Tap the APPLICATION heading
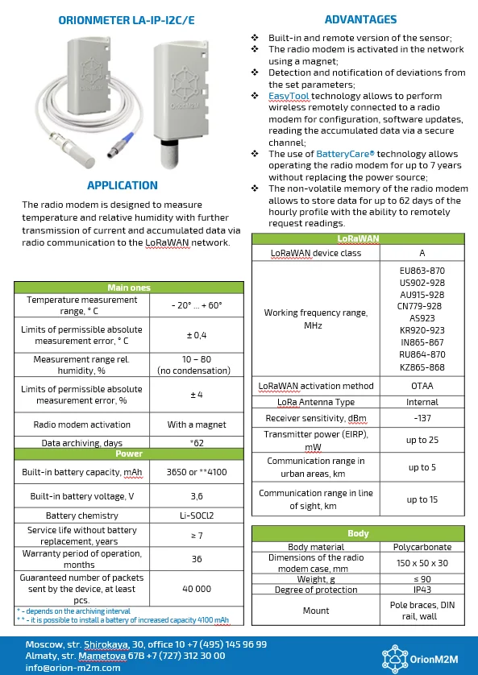(122, 185)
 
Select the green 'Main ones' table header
(129, 288)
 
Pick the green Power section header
(129, 453)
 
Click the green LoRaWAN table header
(357, 239)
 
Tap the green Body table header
(357, 533)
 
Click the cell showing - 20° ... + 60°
(197, 305)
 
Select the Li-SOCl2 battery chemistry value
(197, 516)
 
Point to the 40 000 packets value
(197, 589)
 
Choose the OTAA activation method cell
(422, 386)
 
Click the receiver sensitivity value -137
(422, 418)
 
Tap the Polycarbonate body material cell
(422, 547)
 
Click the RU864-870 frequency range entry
(422, 354)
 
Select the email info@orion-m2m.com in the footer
(73, 668)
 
